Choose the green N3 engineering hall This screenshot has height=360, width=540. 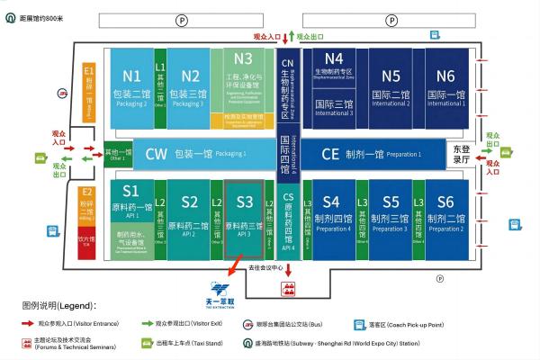[x=243, y=81]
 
